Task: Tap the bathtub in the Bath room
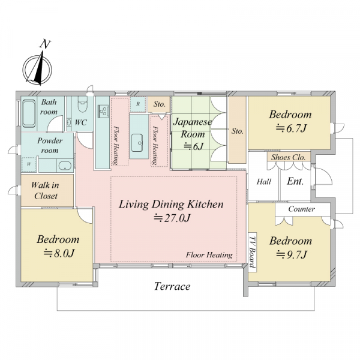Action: [29, 113]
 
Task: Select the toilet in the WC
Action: [83, 104]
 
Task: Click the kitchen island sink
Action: [137, 143]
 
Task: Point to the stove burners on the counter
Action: [103, 111]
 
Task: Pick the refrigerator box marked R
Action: [138, 104]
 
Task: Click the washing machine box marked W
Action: [29, 164]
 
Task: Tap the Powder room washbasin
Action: [65, 166]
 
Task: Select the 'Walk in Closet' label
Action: [45, 190]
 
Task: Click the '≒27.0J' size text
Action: [172, 218]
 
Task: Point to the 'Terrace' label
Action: [172, 286]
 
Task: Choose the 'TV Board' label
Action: [253, 252]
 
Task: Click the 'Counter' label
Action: [301, 209]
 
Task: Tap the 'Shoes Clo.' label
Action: [289, 157]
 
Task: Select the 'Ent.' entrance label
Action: [295, 181]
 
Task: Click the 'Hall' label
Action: [264, 182]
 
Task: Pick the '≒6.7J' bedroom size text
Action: [291, 128]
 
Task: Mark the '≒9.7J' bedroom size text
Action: [292, 254]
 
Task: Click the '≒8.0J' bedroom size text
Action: [59, 253]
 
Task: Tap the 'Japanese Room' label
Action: [193, 128]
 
